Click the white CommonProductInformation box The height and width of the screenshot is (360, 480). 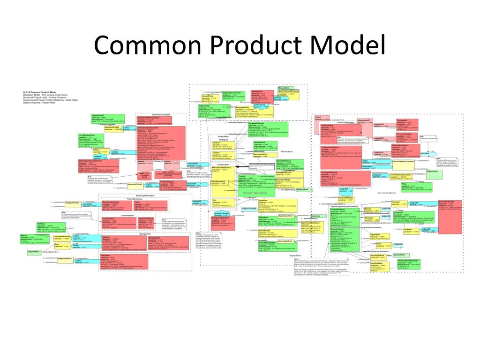pos(262,167)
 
